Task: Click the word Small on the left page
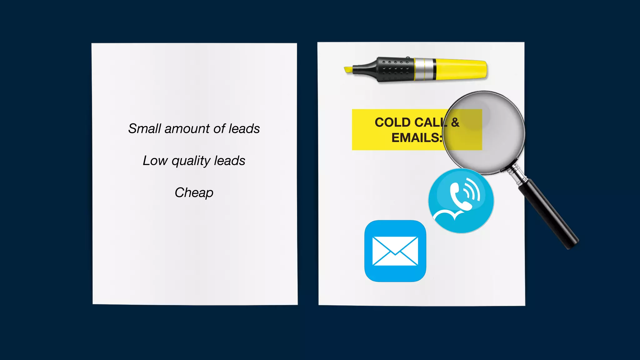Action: (144, 129)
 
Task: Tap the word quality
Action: (191, 161)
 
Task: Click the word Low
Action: (155, 161)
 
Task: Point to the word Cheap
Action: (194, 193)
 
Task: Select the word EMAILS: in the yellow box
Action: (417, 138)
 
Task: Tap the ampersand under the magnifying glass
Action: (455, 122)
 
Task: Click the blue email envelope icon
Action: (395, 251)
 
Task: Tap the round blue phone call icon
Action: (461, 201)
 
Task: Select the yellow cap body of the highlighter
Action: (461, 69)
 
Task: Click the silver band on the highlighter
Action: (424, 69)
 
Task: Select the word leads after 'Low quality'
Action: (229, 161)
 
